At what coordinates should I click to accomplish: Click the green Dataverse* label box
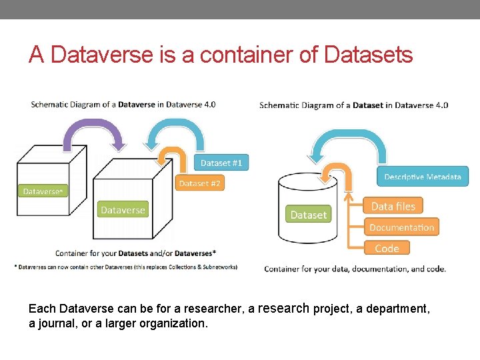click(43, 191)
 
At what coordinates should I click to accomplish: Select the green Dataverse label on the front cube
click(123, 210)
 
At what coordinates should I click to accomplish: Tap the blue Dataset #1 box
click(221, 163)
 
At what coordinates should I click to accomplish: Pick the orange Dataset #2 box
click(199, 183)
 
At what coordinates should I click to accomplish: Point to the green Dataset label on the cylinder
click(309, 215)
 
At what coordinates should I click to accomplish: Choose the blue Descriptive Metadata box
click(422, 177)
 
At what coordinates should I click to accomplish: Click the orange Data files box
click(393, 207)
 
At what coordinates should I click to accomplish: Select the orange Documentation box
click(401, 227)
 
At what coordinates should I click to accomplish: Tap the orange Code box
click(387, 248)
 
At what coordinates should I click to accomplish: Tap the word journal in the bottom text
click(59, 323)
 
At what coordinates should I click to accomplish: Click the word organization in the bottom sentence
click(175, 323)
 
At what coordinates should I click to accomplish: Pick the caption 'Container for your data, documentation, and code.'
click(355, 269)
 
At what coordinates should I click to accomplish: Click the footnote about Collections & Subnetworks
click(127, 267)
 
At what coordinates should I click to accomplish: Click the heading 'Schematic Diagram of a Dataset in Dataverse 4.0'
click(353, 105)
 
